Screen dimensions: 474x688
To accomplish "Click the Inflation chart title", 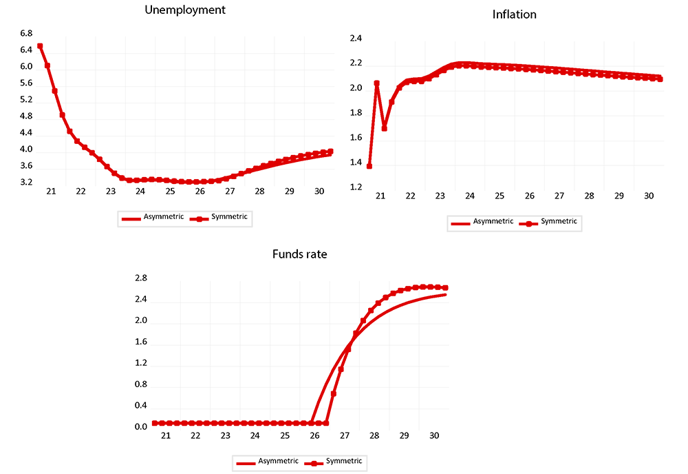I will pyautogui.click(x=515, y=14).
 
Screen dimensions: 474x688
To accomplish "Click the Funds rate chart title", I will pyautogui.click(x=301, y=254).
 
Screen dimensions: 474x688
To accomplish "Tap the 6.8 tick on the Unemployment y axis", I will pyautogui.click(x=27, y=33).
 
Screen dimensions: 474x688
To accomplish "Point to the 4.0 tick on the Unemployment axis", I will pyautogui.click(x=27, y=150).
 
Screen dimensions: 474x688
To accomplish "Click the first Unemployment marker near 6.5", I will pyautogui.click(x=40, y=46).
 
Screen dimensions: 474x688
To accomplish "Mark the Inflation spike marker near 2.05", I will pyautogui.click(x=377, y=83).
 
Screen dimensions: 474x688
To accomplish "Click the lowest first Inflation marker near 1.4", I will pyautogui.click(x=369, y=166).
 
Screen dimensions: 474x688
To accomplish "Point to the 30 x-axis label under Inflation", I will pyautogui.click(x=649, y=196).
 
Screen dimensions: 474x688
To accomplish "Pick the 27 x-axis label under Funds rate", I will pyautogui.click(x=344, y=436).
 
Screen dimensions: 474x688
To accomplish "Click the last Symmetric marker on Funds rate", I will pyautogui.click(x=446, y=288).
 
